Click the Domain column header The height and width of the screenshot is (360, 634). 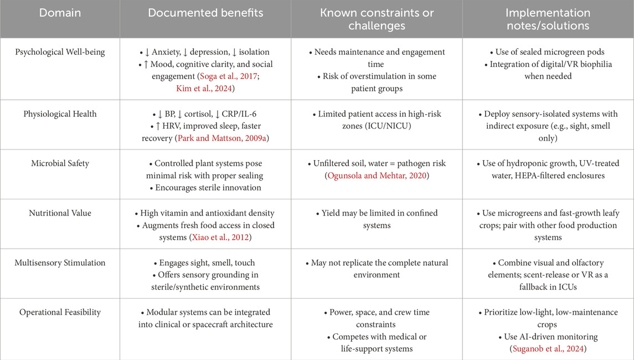[x=60, y=13]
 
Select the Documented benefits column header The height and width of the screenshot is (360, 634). [x=205, y=13]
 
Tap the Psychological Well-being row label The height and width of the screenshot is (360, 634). [x=60, y=52]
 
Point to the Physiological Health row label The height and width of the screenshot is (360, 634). [x=60, y=114]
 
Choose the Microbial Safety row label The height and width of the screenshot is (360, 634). [x=60, y=164]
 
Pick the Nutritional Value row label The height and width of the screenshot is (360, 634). [x=60, y=213]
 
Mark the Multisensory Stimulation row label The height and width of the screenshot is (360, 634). [x=60, y=263]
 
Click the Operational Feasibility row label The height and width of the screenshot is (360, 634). [x=60, y=312]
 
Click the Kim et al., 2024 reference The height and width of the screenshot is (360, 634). [x=205, y=88]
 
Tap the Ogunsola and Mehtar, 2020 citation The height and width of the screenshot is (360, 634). [x=376, y=176]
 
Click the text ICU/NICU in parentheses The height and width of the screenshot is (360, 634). [x=390, y=126]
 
